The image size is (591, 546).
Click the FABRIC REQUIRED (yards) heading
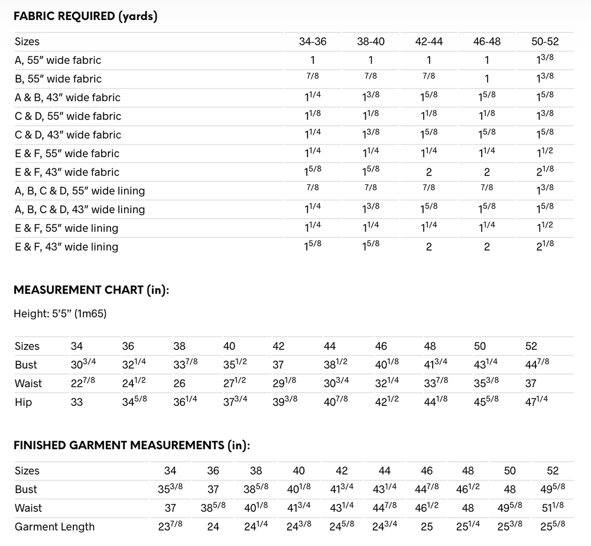coord(85,16)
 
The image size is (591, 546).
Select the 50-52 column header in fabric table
coord(544,41)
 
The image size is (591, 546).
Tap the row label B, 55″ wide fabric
coord(58,79)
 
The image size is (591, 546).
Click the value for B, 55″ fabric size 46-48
coord(486,79)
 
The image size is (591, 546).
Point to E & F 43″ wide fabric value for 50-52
coord(544,172)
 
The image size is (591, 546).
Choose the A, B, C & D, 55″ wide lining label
coord(80,191)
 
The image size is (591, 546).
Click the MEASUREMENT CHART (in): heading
coord(92,290)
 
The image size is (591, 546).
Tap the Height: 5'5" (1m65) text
coord(60,314)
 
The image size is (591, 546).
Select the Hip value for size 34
coord(77,402)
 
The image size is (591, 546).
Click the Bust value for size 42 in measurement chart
coord(278,365)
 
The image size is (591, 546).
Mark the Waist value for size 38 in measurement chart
coord(179,383)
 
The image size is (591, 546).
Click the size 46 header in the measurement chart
coord(381,346)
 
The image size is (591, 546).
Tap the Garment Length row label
coord(54,526)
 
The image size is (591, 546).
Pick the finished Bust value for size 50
coord(509,489)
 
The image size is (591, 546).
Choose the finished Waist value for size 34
coord(170,508)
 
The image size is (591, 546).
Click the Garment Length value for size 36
coord(213,526)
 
